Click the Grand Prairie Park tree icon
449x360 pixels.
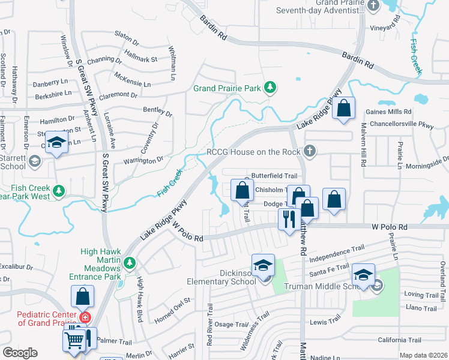coord(271,88)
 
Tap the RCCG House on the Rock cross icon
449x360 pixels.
coord(310,151)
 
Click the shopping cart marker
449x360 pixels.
coord(74,340)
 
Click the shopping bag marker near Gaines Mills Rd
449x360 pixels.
coord(343,109)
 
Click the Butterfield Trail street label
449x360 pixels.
coord(274,176)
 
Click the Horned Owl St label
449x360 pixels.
coord(172,308)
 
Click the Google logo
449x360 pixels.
coord(19,353)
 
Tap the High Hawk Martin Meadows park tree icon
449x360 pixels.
coord(128,262)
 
